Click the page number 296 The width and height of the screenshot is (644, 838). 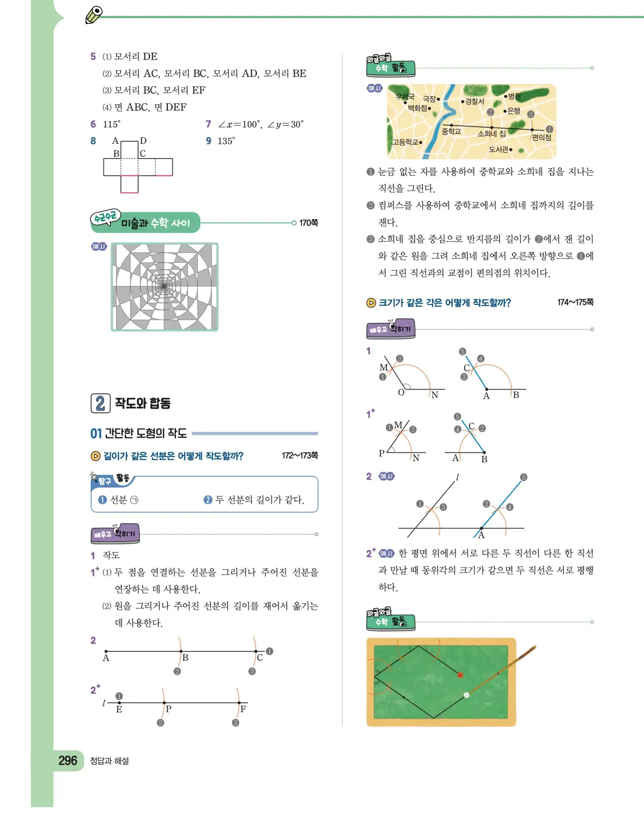click(x=67, y=760)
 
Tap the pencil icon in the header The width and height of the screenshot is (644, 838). click(x=94, y=15)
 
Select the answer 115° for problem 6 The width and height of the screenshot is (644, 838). click(x=112, y=124)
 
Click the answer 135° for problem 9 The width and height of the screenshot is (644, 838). click(x=226, y=141)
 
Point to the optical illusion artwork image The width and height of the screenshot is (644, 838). click(x=164, y=287)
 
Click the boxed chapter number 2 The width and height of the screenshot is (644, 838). click(x=100, y=403)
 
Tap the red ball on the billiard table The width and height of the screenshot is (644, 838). click(x=460, y=675)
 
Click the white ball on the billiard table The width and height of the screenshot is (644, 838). click(x=467, y=695)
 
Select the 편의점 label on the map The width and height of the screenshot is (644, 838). click(x=541, y=137)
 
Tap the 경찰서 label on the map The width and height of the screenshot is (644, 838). click(x=475, y=101)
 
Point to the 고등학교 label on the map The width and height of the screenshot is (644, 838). click(x=405, y=142)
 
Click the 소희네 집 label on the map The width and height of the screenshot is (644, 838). click(x=491, y=134)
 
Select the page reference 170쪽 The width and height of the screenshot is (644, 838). click(x=308, y=223)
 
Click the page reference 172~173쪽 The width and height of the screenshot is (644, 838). click(x=300, y=455)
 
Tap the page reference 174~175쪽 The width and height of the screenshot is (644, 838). click(x=575, y=302)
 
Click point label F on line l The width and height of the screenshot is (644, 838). click(x=243, y=709)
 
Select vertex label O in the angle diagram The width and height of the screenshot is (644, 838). click(x=401, y=393)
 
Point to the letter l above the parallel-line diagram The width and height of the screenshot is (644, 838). click(x=457, y=477)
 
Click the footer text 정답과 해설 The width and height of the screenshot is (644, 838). click(x=110, y=761)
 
